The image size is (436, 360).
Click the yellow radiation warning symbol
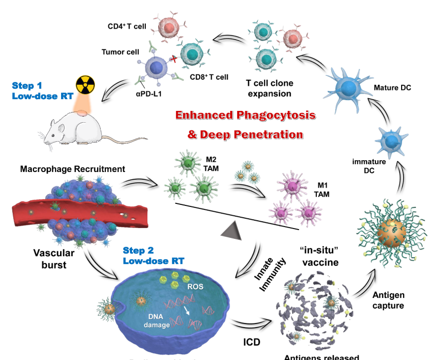(86, 85)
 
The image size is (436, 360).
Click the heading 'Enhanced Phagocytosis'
(244, 115)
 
